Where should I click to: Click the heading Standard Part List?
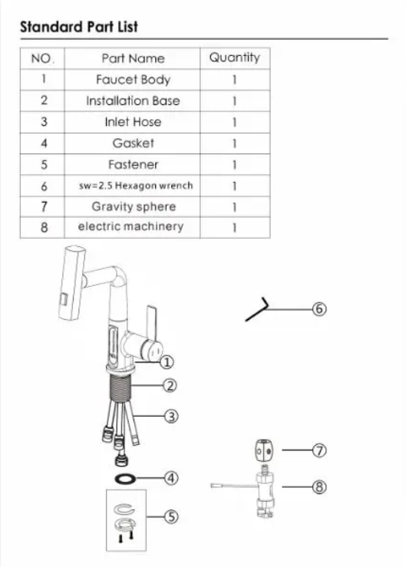[79, 27]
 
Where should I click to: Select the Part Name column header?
[133, 58]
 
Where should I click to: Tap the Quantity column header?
[235, 58]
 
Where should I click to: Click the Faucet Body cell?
[133, 80]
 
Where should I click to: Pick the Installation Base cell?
[133, 101]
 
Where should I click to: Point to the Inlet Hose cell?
[133, 122]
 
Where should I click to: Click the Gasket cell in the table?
[133, 143]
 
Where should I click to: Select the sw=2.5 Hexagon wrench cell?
[133, 186]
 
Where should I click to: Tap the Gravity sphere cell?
[133, 206]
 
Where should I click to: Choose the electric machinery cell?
[133, 227]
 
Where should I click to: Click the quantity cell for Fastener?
[235, 164]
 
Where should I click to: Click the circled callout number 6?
[319, 309]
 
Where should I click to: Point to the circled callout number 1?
[167, 362]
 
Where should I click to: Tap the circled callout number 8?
[319, 486]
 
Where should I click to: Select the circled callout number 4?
[171, 478]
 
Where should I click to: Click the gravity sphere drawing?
[264, 450]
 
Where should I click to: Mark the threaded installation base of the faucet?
[120, 387]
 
